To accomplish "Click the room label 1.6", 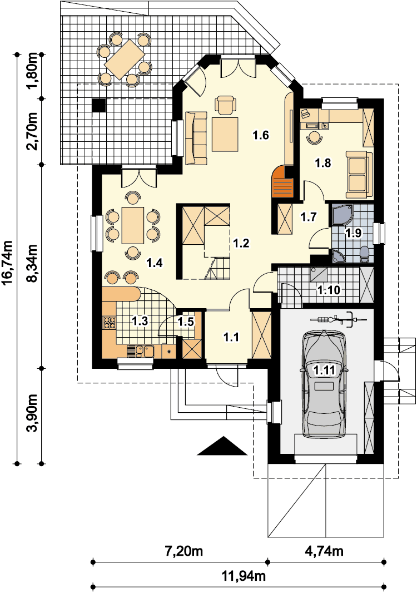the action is point(261,135).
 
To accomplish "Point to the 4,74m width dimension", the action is point(324,551).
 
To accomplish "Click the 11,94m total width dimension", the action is point(244,576).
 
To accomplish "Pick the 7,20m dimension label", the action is point(184,551).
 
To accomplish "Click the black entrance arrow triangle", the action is point(222,446).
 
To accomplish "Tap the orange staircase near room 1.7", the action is point(283,182).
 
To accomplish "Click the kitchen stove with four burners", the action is point(110,322).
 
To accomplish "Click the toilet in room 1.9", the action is point(364,255).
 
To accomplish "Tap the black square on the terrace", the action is point(100,105).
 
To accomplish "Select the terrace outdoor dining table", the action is point(125,59).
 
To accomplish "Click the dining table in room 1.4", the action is point(132,225).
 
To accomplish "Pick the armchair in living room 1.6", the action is point(225,105).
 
